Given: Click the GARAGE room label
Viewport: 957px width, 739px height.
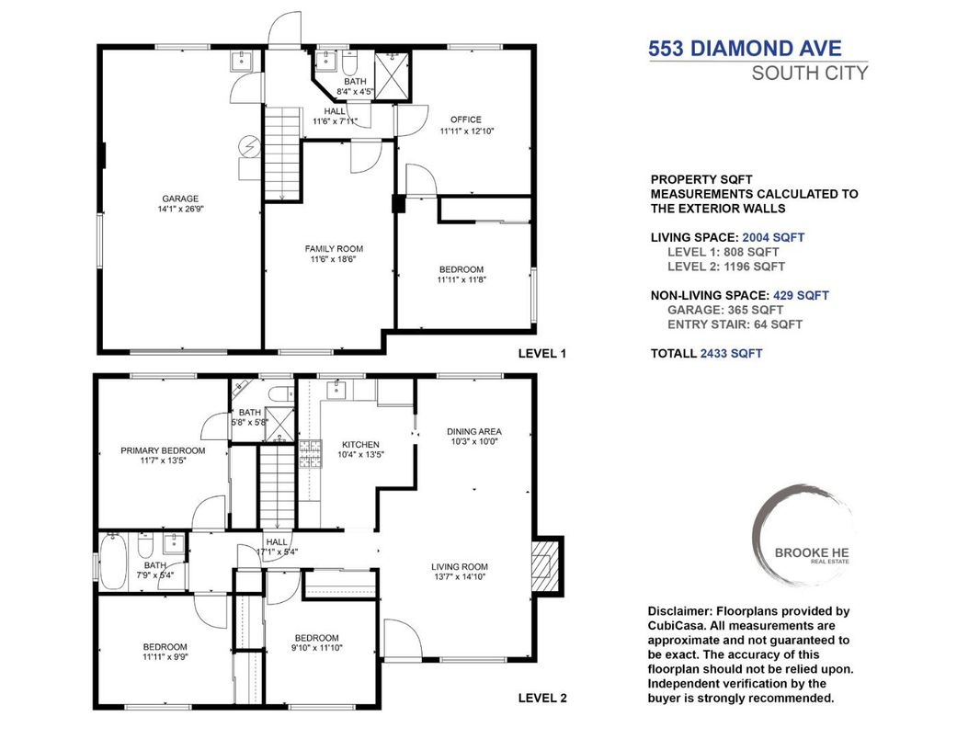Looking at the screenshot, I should point(180,199).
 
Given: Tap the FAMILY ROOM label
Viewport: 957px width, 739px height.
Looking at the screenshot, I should point(334,248).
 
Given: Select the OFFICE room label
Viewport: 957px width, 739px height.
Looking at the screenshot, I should point(466,119).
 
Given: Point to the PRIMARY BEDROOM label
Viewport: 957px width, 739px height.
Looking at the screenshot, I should point(163,450).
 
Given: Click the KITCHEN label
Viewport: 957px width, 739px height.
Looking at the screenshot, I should point(359,445).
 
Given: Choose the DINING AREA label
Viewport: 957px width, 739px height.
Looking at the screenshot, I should point(473,431).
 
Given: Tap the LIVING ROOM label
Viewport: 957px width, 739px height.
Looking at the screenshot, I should point(461,566).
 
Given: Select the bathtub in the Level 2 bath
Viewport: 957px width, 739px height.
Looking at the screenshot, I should point(115,562).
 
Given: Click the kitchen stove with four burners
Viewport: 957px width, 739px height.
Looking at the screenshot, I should point(310,451).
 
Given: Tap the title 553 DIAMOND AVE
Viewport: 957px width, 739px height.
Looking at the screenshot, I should point(745,49).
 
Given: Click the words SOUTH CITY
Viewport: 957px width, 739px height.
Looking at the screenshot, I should point(809,74).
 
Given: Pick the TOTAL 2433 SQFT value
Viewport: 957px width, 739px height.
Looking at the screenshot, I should point(731,353).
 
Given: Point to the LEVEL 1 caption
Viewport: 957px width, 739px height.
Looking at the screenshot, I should point(543,353).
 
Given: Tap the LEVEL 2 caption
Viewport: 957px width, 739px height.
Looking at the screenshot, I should point(543,698).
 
